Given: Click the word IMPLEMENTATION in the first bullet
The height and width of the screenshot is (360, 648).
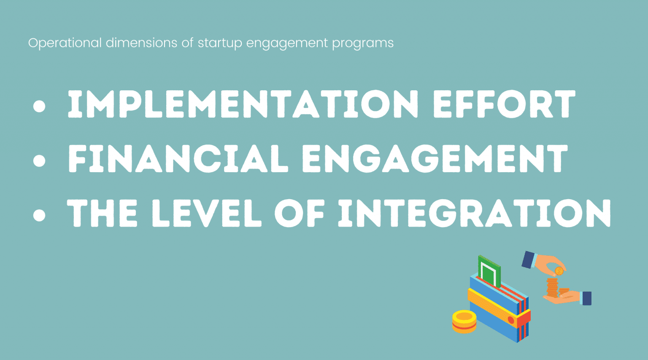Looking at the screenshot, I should (x=243, y=104).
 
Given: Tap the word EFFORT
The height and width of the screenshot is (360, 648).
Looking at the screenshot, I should (x=504, y=104).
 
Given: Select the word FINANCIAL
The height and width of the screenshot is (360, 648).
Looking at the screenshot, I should (x=178, y=159).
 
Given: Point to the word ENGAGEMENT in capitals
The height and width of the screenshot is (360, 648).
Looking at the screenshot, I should (x=435, y=159).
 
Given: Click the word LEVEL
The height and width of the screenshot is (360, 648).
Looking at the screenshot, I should (x=206, y=214).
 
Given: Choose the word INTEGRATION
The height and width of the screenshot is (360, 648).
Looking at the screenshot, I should (x=475, y=214).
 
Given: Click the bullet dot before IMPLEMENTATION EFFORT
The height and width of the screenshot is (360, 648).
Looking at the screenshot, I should (x=39, y=106).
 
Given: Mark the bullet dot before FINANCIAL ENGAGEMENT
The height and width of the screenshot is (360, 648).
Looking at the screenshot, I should (x=39, y=161).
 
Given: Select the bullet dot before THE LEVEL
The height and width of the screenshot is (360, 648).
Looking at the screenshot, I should (x=39, y=215).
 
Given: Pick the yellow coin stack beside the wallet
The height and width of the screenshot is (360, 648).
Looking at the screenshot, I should (x=464, y=322).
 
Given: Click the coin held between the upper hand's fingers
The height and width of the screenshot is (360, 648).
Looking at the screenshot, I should (x=559, y=271).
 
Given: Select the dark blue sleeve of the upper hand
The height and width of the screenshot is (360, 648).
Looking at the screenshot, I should (x=528, y=260).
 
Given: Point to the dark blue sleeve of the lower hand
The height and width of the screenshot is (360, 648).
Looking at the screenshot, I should (x=586, y=298).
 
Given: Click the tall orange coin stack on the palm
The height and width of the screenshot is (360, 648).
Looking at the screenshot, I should (x=552, y=287).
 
